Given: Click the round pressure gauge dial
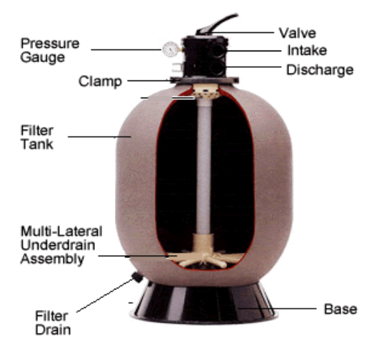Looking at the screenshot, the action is click(x=171, y=49).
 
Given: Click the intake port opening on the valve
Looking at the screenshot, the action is click(x=217, y=50).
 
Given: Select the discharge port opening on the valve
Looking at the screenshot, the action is click(x=216, y=67).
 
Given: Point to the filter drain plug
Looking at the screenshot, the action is click(x=137, y=277).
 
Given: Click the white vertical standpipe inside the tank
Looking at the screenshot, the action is click(x=203, y=167).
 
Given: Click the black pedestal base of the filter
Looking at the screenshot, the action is click(x=203, y=303).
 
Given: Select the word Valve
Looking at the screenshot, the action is click(x=298, y=33).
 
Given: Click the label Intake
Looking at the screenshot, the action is click(x=307, y=51).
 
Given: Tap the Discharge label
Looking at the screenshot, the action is click(x=320, y=70).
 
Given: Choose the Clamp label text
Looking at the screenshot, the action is click(x=100, y=81).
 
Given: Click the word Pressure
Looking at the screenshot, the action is click(x=50, y=43).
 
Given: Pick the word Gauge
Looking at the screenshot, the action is click(x=43, y=58).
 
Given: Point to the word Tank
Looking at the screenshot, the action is click(x=37, y=144).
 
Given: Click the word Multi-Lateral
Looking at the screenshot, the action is click(x=61, y=231).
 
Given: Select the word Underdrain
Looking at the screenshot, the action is click(x=58, y=245).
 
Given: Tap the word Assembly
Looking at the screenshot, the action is click(x=52, y=259).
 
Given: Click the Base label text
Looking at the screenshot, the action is click(x=340, y=309).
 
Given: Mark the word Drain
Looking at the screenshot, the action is click(x=53, y=329).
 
